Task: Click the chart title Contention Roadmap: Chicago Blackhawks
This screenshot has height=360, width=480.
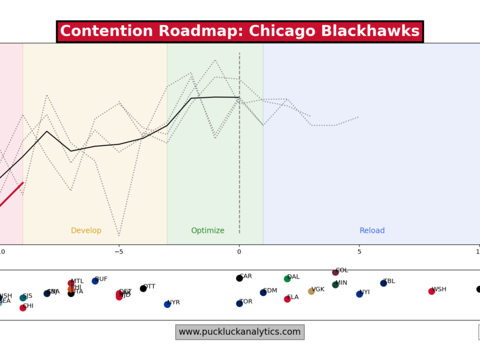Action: pos(240,32)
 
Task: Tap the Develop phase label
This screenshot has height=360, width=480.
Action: pos(86,231)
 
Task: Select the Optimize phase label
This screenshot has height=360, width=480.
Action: pos(208,231)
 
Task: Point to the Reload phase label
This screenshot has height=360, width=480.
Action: pos(372,231)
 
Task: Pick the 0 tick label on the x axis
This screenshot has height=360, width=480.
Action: pos(239,251)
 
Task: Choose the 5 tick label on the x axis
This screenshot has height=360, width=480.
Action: pos(359,251)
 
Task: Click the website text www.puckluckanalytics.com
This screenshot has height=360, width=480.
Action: pos(239,332)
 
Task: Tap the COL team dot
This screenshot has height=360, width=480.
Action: pos(335,272)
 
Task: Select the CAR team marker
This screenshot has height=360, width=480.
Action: pos(239,278)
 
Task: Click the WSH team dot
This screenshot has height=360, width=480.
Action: pos(431,292)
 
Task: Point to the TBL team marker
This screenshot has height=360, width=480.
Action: pos(383,283)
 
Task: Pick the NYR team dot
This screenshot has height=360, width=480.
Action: pos(167,305)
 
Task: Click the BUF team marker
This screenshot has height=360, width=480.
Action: pos(95,281)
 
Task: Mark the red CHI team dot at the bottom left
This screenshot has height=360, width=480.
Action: pos(23,308)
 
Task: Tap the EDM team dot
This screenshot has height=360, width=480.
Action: pos(263,293)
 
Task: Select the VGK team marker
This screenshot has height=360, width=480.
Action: pos(311,292)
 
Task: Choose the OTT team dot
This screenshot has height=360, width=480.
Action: pos(143,289)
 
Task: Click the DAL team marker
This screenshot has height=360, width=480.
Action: pos(287,279)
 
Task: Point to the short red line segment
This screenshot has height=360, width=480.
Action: pos(12,194)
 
